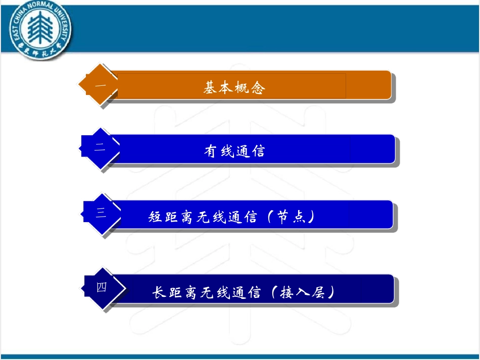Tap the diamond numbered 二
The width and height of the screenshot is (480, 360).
click(x=101, y=147)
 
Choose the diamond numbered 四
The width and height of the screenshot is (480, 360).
click(x=102, y=287)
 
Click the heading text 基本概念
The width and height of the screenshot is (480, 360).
click(x=234, y=88)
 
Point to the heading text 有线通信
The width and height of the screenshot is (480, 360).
click(x=234, y=150)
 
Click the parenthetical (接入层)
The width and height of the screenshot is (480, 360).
click(x=302, y=292)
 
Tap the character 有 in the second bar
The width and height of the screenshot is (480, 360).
click(x=211, y=150)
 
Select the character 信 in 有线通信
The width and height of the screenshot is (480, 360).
click(x=258, y=150)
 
